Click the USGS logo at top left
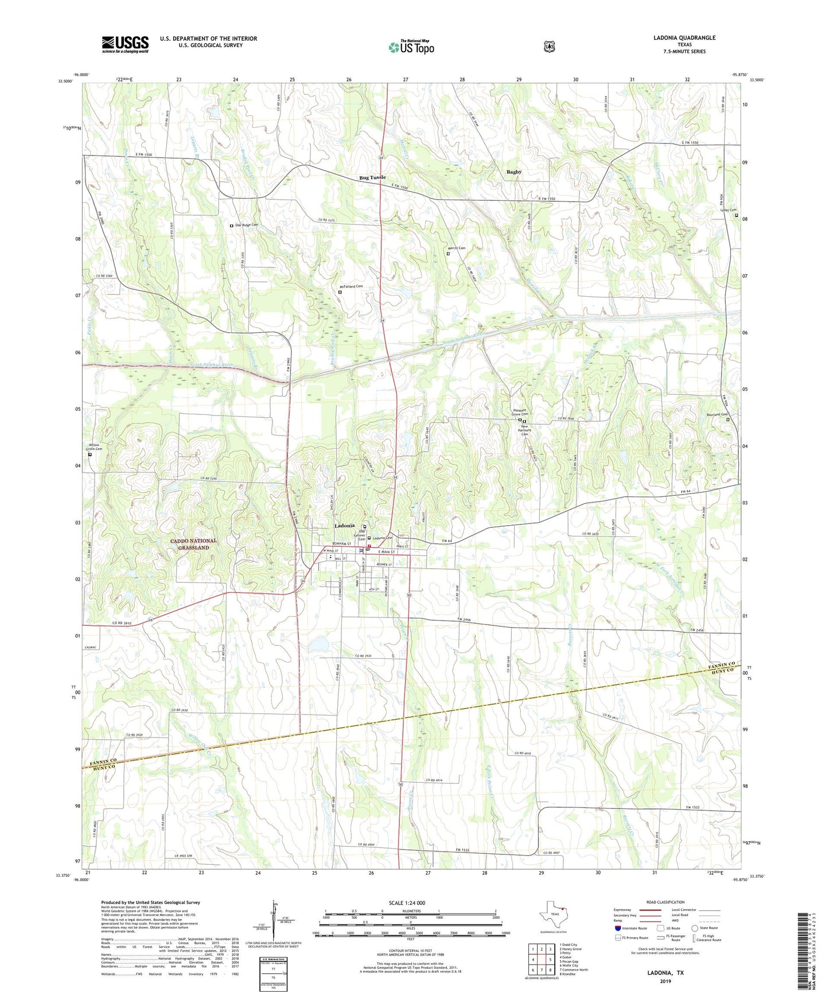125,44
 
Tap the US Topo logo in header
411,47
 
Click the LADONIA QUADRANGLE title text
684,38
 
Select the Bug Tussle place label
372,178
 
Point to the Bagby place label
513,172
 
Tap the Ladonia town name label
344,526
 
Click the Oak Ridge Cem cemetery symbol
232,226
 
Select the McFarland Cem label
351,286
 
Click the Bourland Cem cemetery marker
728,420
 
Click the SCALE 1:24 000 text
407,903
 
